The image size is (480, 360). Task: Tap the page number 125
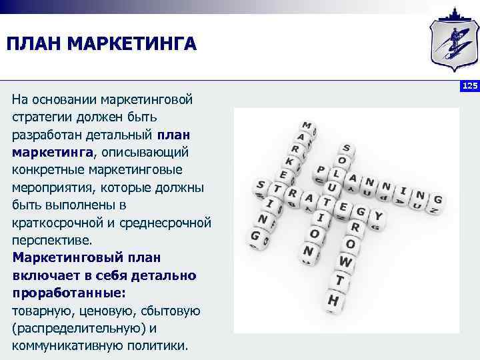[469, 86]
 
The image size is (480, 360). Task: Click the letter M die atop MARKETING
[307, 126]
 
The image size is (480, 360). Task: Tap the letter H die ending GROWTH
[333, 301]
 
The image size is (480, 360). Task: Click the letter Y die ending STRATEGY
[377, 215]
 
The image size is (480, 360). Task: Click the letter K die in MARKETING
[289, 161]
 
